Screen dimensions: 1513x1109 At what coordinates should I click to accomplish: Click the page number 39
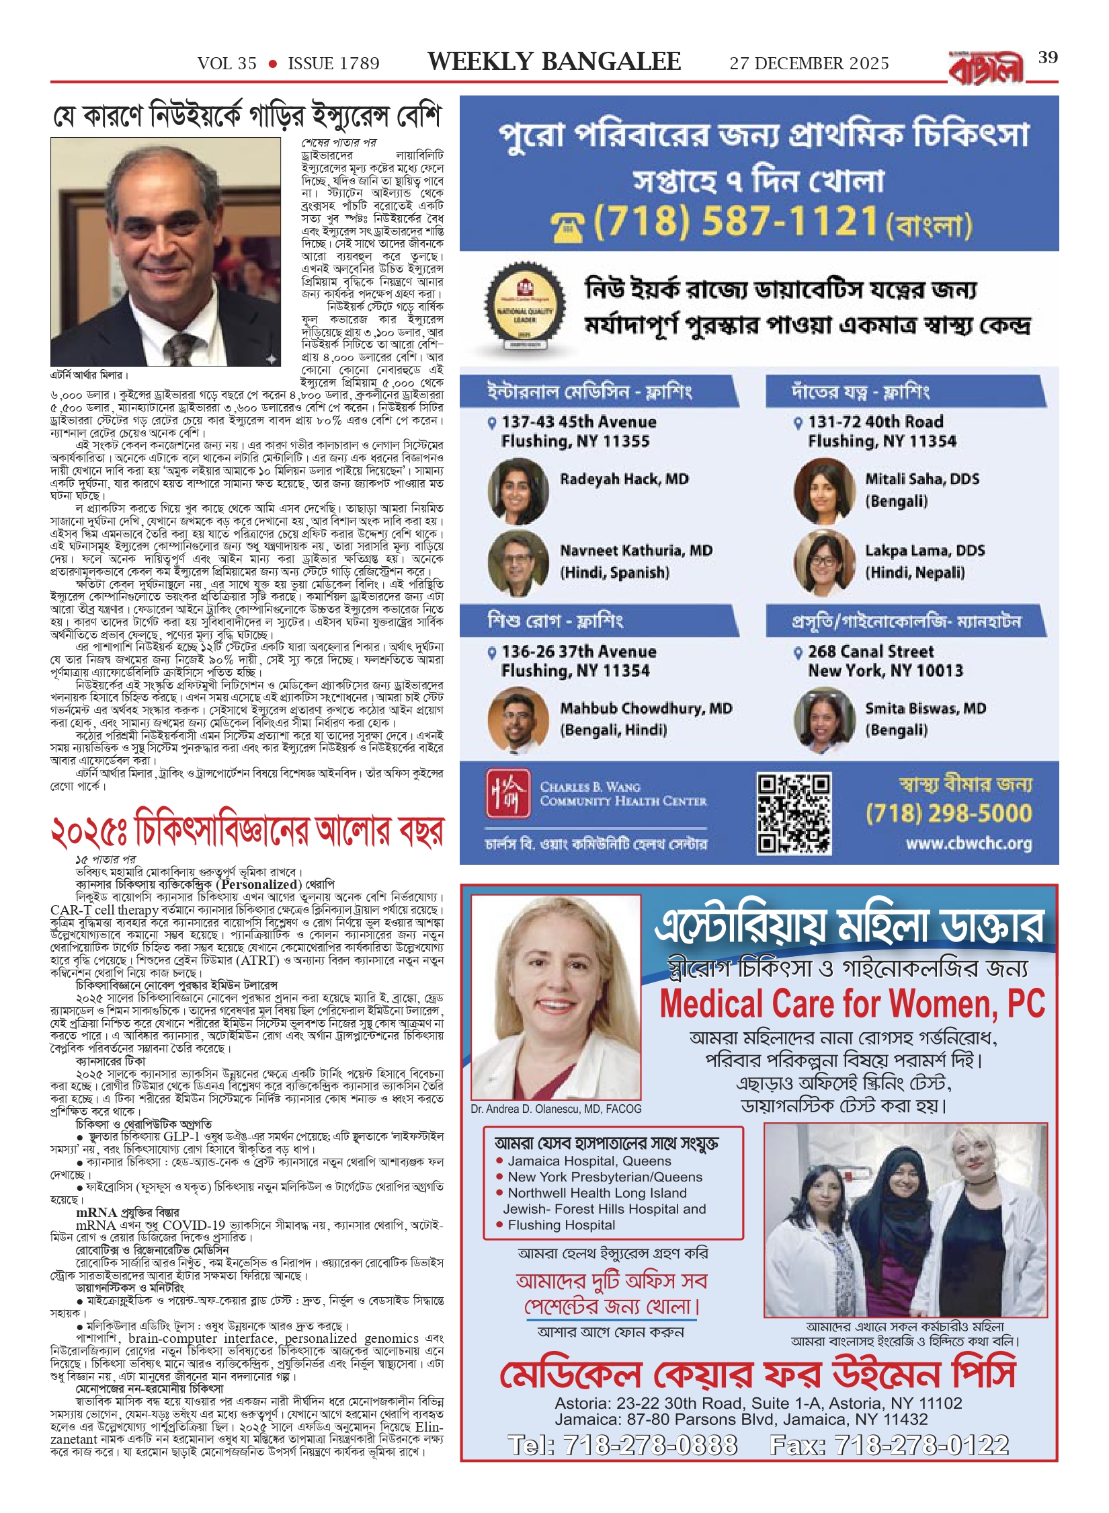[1048, 58]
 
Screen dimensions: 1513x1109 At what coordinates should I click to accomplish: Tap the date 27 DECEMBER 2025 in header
[809, 63]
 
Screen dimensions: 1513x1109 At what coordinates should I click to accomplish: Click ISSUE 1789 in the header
[333, 63]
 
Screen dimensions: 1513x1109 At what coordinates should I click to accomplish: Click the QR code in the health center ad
[794, 814]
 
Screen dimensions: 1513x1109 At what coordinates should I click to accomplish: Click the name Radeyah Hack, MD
[624, 479]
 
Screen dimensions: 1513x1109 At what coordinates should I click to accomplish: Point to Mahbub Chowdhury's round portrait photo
[518, 719]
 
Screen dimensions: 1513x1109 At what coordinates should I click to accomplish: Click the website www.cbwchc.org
[969, 843]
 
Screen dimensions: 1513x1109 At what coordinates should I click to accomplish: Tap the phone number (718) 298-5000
[948, 814]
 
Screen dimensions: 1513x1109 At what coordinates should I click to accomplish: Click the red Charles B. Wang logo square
[508, 793]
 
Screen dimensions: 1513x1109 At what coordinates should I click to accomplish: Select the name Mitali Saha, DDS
[922, 479]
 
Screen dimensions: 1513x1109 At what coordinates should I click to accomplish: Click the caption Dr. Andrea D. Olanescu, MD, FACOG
[556, 1109]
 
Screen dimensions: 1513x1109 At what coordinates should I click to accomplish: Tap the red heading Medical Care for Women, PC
[852, 1004]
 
